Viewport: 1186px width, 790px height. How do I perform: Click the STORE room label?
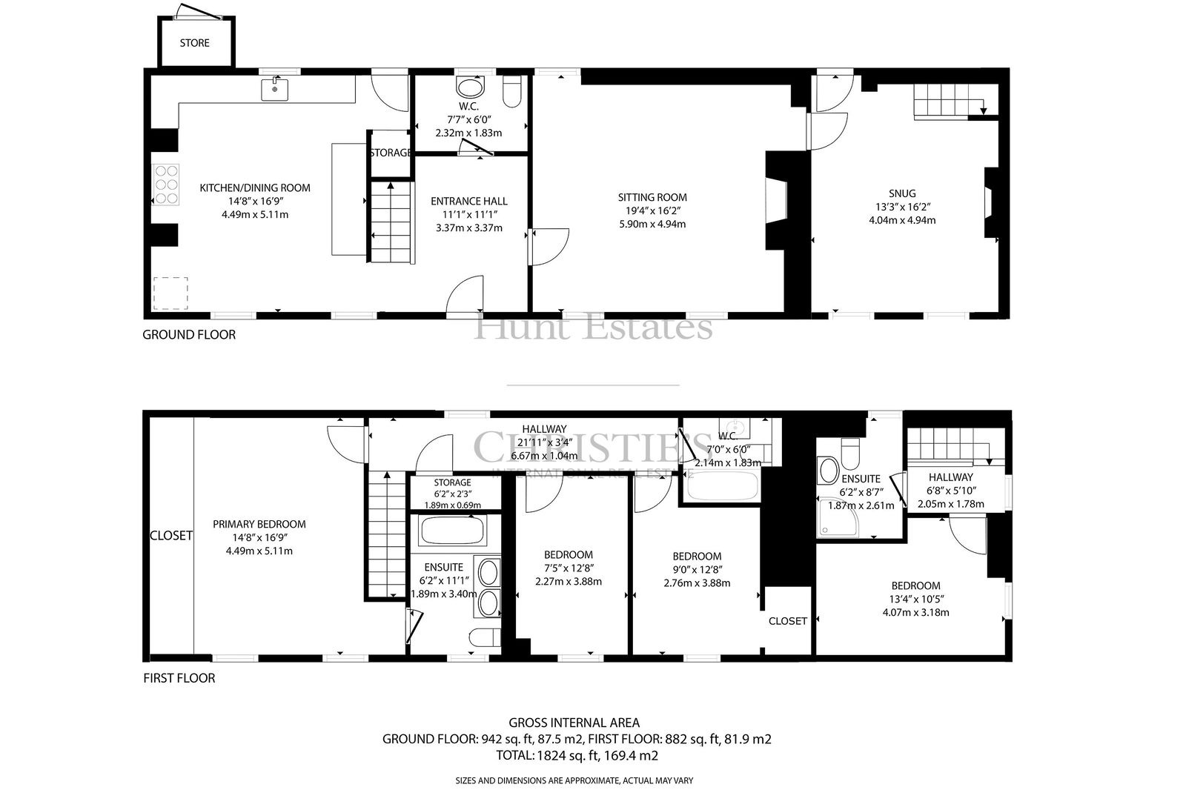click(x=194, y=43)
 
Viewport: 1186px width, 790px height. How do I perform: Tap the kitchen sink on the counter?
click(x=275, y=89)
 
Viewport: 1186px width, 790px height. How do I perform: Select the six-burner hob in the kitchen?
click(x=166, y=185)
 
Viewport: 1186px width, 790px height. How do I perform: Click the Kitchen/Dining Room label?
click(x=255, y=187)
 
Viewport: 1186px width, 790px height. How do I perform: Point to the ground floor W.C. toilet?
click(x=512, y=92)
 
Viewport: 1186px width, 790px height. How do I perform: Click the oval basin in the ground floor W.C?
click(x=470, y=88)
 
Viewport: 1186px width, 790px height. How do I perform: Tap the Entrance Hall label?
click(x=469, y=202)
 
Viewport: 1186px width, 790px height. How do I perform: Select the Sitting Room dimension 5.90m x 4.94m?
click(x=652, y=224)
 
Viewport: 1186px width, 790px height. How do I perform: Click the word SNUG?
click(x=902, y=193)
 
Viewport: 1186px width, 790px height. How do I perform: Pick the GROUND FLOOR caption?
click(x=189, y=335)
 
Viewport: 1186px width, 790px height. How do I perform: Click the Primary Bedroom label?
click(x=259, y=524)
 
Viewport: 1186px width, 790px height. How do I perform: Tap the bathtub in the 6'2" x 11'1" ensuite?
click(x=452, y=530)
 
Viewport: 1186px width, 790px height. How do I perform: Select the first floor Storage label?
click(x=452, y=482)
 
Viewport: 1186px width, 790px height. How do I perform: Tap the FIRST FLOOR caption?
click(x=179, y=678)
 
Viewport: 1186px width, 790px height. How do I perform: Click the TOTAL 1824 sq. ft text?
click(x=577, y=756)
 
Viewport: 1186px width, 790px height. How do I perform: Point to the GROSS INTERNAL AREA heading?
click(x=574, y=723)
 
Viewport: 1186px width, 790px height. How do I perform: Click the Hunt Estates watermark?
click(x=593, y=326)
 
